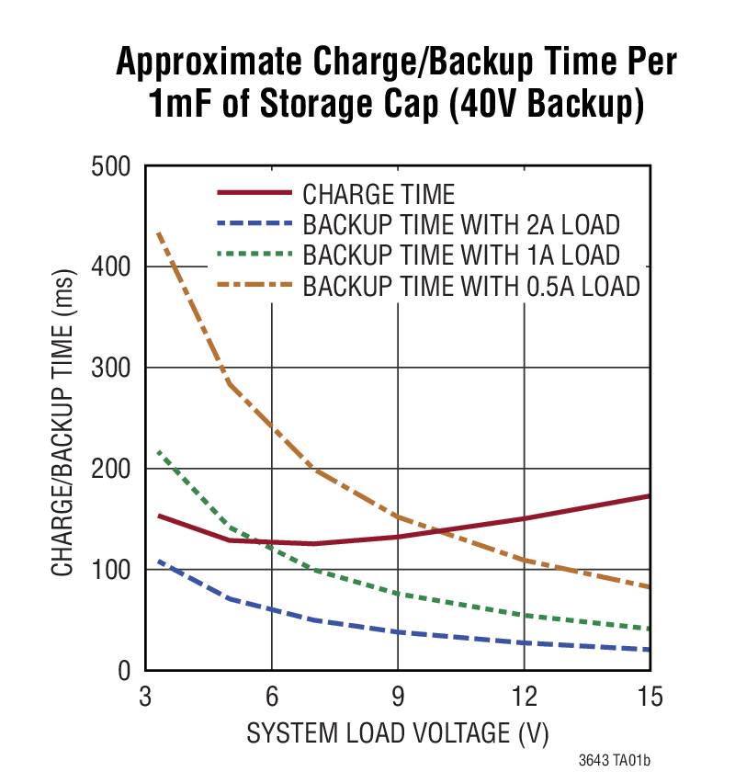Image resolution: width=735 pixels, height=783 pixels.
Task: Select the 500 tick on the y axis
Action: [x=113, y=166]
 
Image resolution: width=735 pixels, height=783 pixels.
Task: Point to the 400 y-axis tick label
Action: [x=113, y=267]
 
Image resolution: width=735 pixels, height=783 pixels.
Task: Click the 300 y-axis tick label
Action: [x=113, y=369]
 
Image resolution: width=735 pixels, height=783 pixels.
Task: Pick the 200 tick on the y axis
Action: [x=113, y=470]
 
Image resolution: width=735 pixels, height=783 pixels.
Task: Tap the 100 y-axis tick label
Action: [x=113, y=571]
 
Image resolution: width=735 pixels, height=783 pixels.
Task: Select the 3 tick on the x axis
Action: [x=145, y=698]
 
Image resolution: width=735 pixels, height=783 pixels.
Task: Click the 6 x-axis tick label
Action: [x=272, y=698]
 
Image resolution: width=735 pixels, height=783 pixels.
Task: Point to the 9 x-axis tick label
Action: [x=398, y=698]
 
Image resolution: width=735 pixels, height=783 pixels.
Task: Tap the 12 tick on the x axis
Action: [x=524, y=698]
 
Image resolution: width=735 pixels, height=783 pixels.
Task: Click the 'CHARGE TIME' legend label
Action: [x=379, y=195]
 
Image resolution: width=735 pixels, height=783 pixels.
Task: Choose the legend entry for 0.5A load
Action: [x=470, y=285]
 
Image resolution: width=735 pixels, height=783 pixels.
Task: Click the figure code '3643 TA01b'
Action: [x=620, y=762]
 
